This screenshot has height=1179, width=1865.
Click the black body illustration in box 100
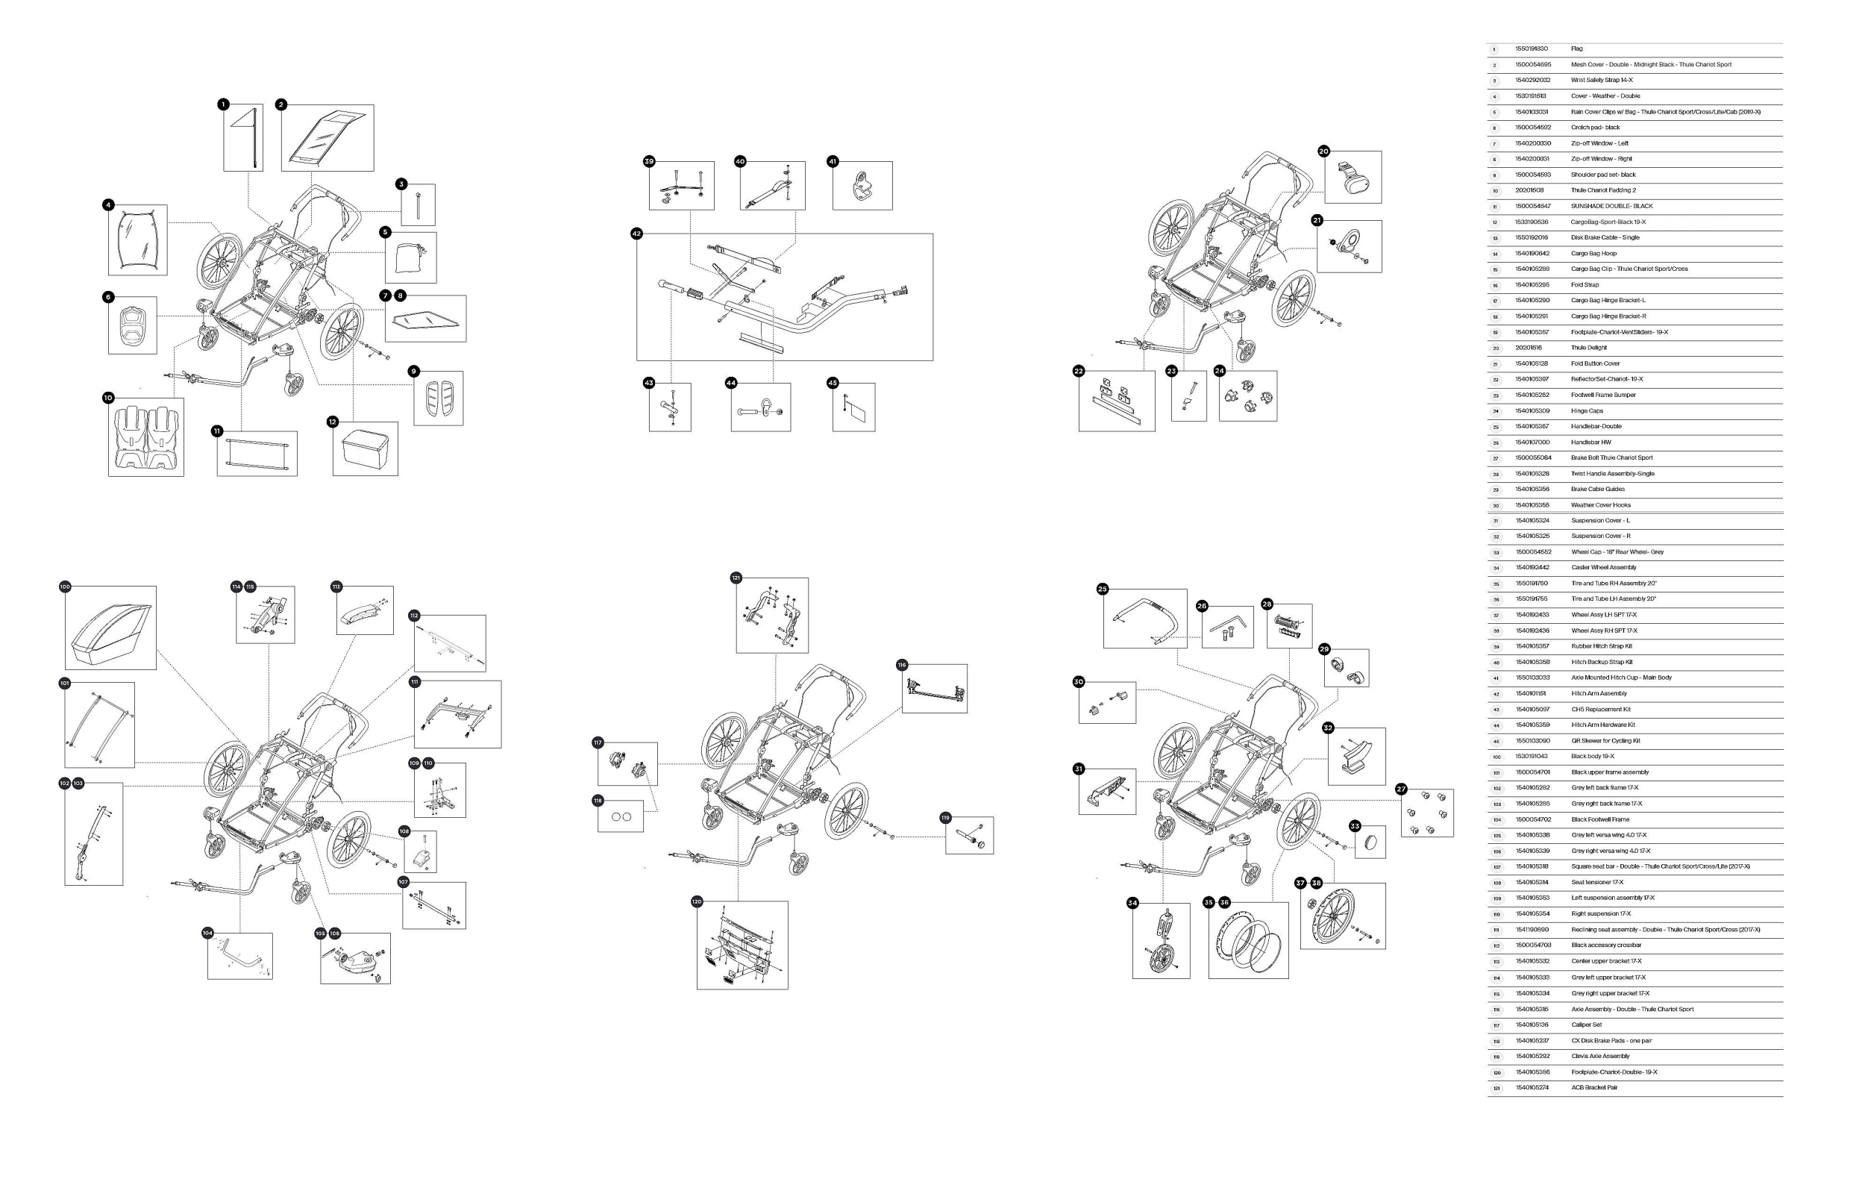(110, 627)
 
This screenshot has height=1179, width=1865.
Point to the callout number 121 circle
(736, 578)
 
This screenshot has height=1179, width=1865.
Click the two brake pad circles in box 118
(621, 816)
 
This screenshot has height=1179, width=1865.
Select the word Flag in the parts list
(1576, 49)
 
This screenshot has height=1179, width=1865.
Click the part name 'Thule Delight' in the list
(1588, 348)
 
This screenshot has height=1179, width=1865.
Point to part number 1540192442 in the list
(1533, 568)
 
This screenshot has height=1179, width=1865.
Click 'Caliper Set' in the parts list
(1586, 1025)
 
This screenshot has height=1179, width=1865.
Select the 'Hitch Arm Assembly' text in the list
(1599, 693)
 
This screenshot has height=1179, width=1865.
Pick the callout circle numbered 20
(1323, 151)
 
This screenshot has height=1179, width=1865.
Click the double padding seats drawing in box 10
(146, 438)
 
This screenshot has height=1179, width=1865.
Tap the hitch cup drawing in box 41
(862, 187)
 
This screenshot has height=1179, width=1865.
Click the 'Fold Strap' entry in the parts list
(1585, 284)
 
